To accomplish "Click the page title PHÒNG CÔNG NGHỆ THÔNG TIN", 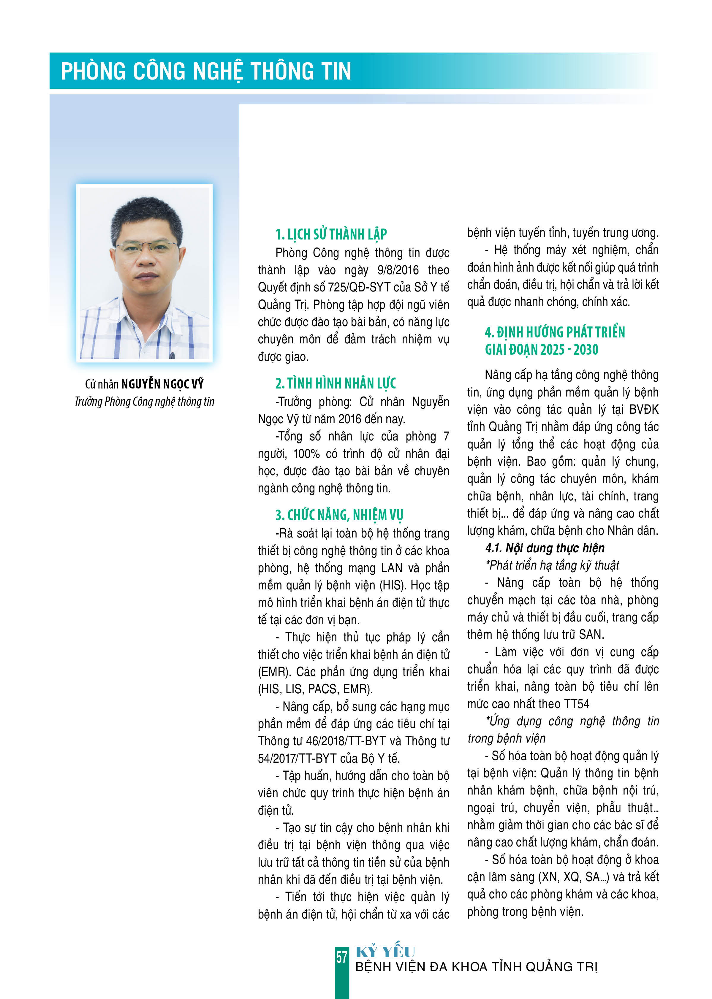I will pyautogui.click(x=206, y=71).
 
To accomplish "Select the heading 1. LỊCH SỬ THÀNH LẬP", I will pyautogui.click(x=331, y=234).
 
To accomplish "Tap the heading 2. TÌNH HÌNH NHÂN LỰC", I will pyautogui.click(x=336, y=383).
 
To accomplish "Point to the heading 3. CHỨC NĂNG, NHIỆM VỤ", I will pyautogui.click(x=339, y=515).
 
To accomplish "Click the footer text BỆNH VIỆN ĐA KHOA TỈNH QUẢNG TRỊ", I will pyautogui.click(x=476, y=967).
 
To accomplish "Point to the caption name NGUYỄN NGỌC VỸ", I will pyautogui.click(x=162, y=384).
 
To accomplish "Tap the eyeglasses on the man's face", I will pyautogui.click(x=147, y=248).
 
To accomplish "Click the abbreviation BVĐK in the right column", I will pyautogui.click(x=644, y=410).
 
